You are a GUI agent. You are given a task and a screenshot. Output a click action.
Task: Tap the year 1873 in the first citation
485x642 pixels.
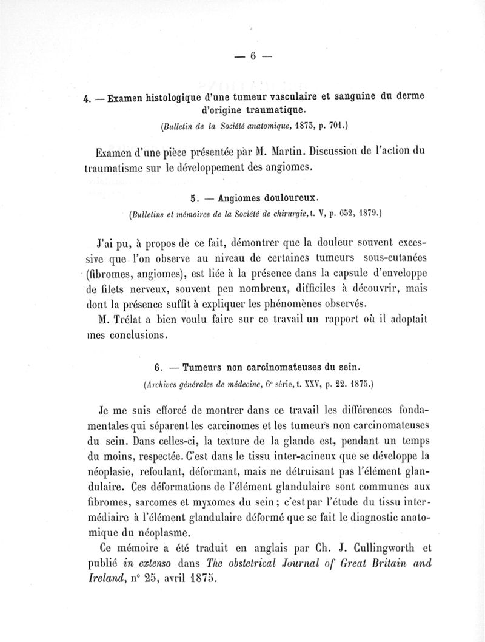tap(302, 127)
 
